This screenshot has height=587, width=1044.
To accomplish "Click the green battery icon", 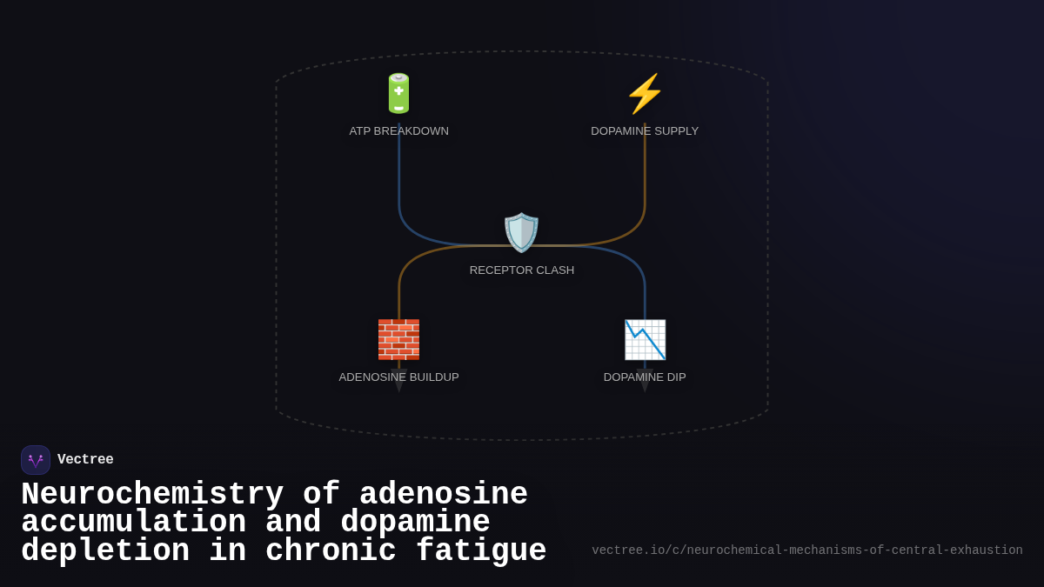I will (398, 93).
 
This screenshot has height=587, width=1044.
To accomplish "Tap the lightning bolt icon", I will (645, 93).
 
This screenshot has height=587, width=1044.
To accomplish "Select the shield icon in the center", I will (521, 232).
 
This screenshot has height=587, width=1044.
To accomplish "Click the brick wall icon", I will (398, 339).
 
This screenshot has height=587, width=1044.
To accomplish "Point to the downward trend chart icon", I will (645, 339).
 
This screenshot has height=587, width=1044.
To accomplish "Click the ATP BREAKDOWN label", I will (398, 131).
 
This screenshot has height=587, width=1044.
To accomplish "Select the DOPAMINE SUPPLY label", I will (645, 131).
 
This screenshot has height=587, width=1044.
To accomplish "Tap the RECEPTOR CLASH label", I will (522, 270).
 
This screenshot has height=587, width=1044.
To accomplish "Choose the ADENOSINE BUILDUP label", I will (398, 377).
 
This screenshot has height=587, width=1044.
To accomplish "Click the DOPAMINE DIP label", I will (645, 377).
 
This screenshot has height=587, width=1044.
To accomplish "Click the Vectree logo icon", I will (36, 460).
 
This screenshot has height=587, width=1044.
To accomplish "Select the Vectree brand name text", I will (85, 460).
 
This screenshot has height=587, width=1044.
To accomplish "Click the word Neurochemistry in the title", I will (152, 495).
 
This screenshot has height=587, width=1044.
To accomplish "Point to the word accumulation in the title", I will (133, 523).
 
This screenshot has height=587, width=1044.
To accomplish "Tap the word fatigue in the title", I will (481, 551).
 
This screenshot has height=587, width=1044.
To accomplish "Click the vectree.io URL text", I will (807, 550).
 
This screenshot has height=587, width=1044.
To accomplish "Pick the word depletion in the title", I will (104, 551).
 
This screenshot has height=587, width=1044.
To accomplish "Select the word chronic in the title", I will (331, 551).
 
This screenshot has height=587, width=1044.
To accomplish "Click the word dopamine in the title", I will (415, 523).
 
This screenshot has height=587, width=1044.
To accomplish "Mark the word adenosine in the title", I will (444, 495).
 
